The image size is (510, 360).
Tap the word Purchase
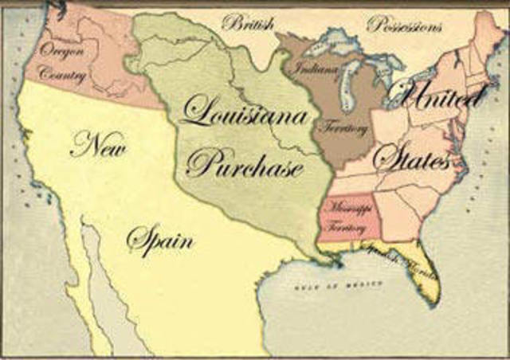click(x=245, y=164)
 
